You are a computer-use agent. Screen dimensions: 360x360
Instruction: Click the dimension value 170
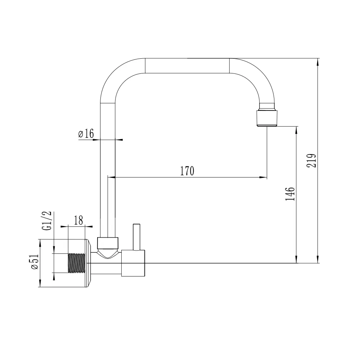[187, 171]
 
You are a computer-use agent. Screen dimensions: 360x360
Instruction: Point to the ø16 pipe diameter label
[86, 134]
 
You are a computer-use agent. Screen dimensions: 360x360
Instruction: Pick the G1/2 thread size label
[47, 221]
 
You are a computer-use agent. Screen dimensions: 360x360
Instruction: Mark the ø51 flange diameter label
[35, 262]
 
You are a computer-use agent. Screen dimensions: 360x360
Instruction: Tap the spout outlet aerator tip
[267, 118]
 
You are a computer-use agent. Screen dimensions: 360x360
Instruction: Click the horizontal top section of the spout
[187, 66]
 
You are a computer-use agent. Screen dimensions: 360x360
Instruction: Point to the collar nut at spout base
[108, 243]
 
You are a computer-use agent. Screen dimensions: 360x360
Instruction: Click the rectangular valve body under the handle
[133, 263]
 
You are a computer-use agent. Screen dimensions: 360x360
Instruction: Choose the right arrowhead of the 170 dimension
[265, 177]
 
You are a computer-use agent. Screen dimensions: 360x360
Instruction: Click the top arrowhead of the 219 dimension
[318, 62]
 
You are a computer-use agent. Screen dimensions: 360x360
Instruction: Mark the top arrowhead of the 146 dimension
[296, 129]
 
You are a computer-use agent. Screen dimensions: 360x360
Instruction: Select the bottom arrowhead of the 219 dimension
[318, 260]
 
